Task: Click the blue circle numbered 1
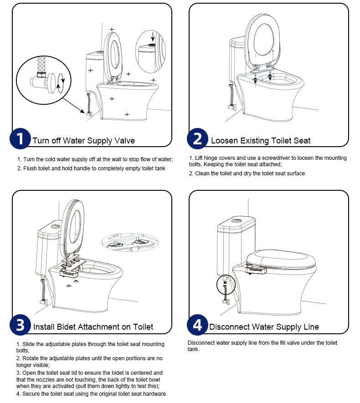[20, 138]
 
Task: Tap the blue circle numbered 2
[197, 138]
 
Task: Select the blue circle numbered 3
[20, 325]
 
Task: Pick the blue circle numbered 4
[197, 325]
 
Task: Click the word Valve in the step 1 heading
[125, 141]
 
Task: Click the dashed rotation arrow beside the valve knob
[61, 83]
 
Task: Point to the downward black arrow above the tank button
[153, 36]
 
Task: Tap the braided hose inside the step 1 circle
[42, 65]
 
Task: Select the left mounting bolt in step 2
[255, 78]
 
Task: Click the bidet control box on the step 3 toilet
[69, 273]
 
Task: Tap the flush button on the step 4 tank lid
[237, 220]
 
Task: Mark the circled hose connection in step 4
[225, 285]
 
